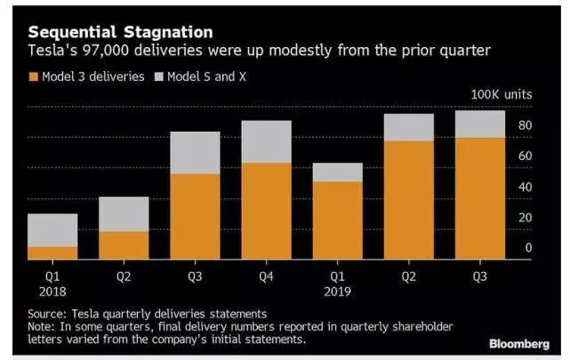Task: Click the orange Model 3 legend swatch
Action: pos(35,76)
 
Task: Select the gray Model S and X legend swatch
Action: pos(160,76)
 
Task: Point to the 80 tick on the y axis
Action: pos(525,125)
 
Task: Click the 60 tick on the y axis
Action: pos(525,156)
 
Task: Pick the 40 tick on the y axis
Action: pos(525,187)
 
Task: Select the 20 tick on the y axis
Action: pos(525,218)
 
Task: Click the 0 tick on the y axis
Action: pos(527,248)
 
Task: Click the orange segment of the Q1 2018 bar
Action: pos(52,253)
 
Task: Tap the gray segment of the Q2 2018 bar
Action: pos(124,214)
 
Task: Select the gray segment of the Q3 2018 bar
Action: pos(195,153)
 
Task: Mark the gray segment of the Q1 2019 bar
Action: pos(337,172)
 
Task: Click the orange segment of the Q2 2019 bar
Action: pos(408,200)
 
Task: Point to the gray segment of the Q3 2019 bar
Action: pos(479,124)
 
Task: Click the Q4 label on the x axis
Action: pos(266,276)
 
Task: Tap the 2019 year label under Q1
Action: pos(337,291)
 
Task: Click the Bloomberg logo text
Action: pos(518,343)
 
